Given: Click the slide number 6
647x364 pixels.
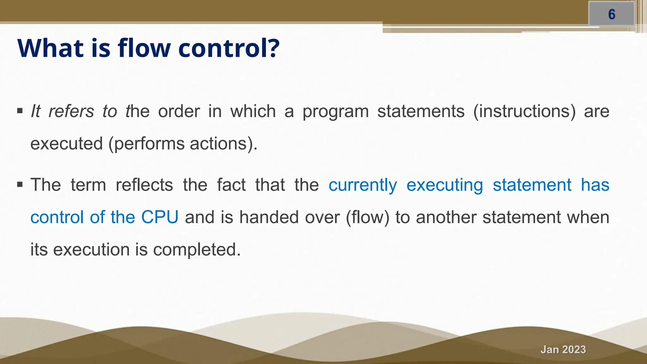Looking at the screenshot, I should click(612, 15).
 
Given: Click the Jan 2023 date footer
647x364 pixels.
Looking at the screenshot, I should click(563, 349).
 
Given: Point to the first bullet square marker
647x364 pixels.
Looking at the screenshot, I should click(20, 111).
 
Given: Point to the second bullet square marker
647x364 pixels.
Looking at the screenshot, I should click(20, 185).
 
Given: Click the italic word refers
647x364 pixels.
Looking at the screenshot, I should click(71, 111).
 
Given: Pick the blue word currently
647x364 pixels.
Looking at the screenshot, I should click(362, 185).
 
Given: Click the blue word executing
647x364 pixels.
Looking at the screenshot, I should click(444, 185).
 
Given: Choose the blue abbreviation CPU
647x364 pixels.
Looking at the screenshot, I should click(160, 217).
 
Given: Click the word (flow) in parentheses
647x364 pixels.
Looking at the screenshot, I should click(367, 217).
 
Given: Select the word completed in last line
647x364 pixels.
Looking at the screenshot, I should click(197, 250).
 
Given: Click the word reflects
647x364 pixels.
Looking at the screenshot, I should click(144, 185).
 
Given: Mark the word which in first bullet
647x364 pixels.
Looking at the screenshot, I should click(253, 111).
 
